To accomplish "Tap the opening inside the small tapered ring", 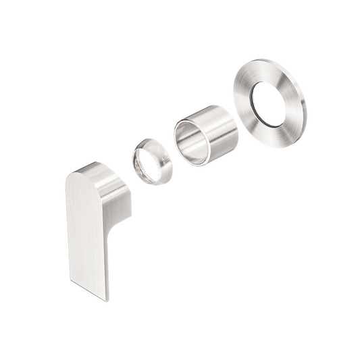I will tap(149, 163).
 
